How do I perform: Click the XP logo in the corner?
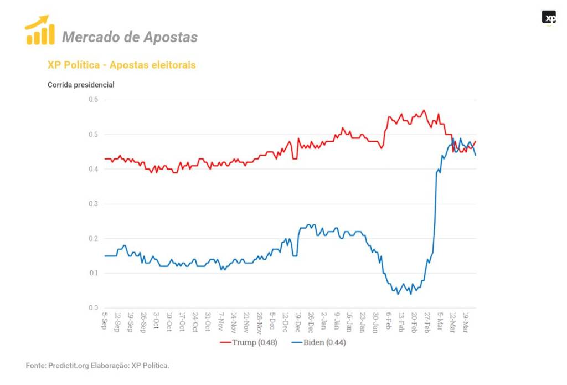[x=549, y=18]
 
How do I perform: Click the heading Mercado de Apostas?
[x=130, y=37]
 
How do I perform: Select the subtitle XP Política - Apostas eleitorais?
[x=121, y=65]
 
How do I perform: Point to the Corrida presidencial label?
[x=81, y=85]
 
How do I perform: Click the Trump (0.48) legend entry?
[x=249, y=342]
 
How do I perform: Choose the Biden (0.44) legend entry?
[x=318, y=342]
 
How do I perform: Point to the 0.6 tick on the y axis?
[x=93, y=100]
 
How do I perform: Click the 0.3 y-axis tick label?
[x=93, y=204]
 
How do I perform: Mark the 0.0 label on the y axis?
[x=93, y=308]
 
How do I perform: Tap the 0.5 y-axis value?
[x=93, y=135]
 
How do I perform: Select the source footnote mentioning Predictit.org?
[x=97, y=366]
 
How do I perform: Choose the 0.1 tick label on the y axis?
[x=93, y=273]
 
